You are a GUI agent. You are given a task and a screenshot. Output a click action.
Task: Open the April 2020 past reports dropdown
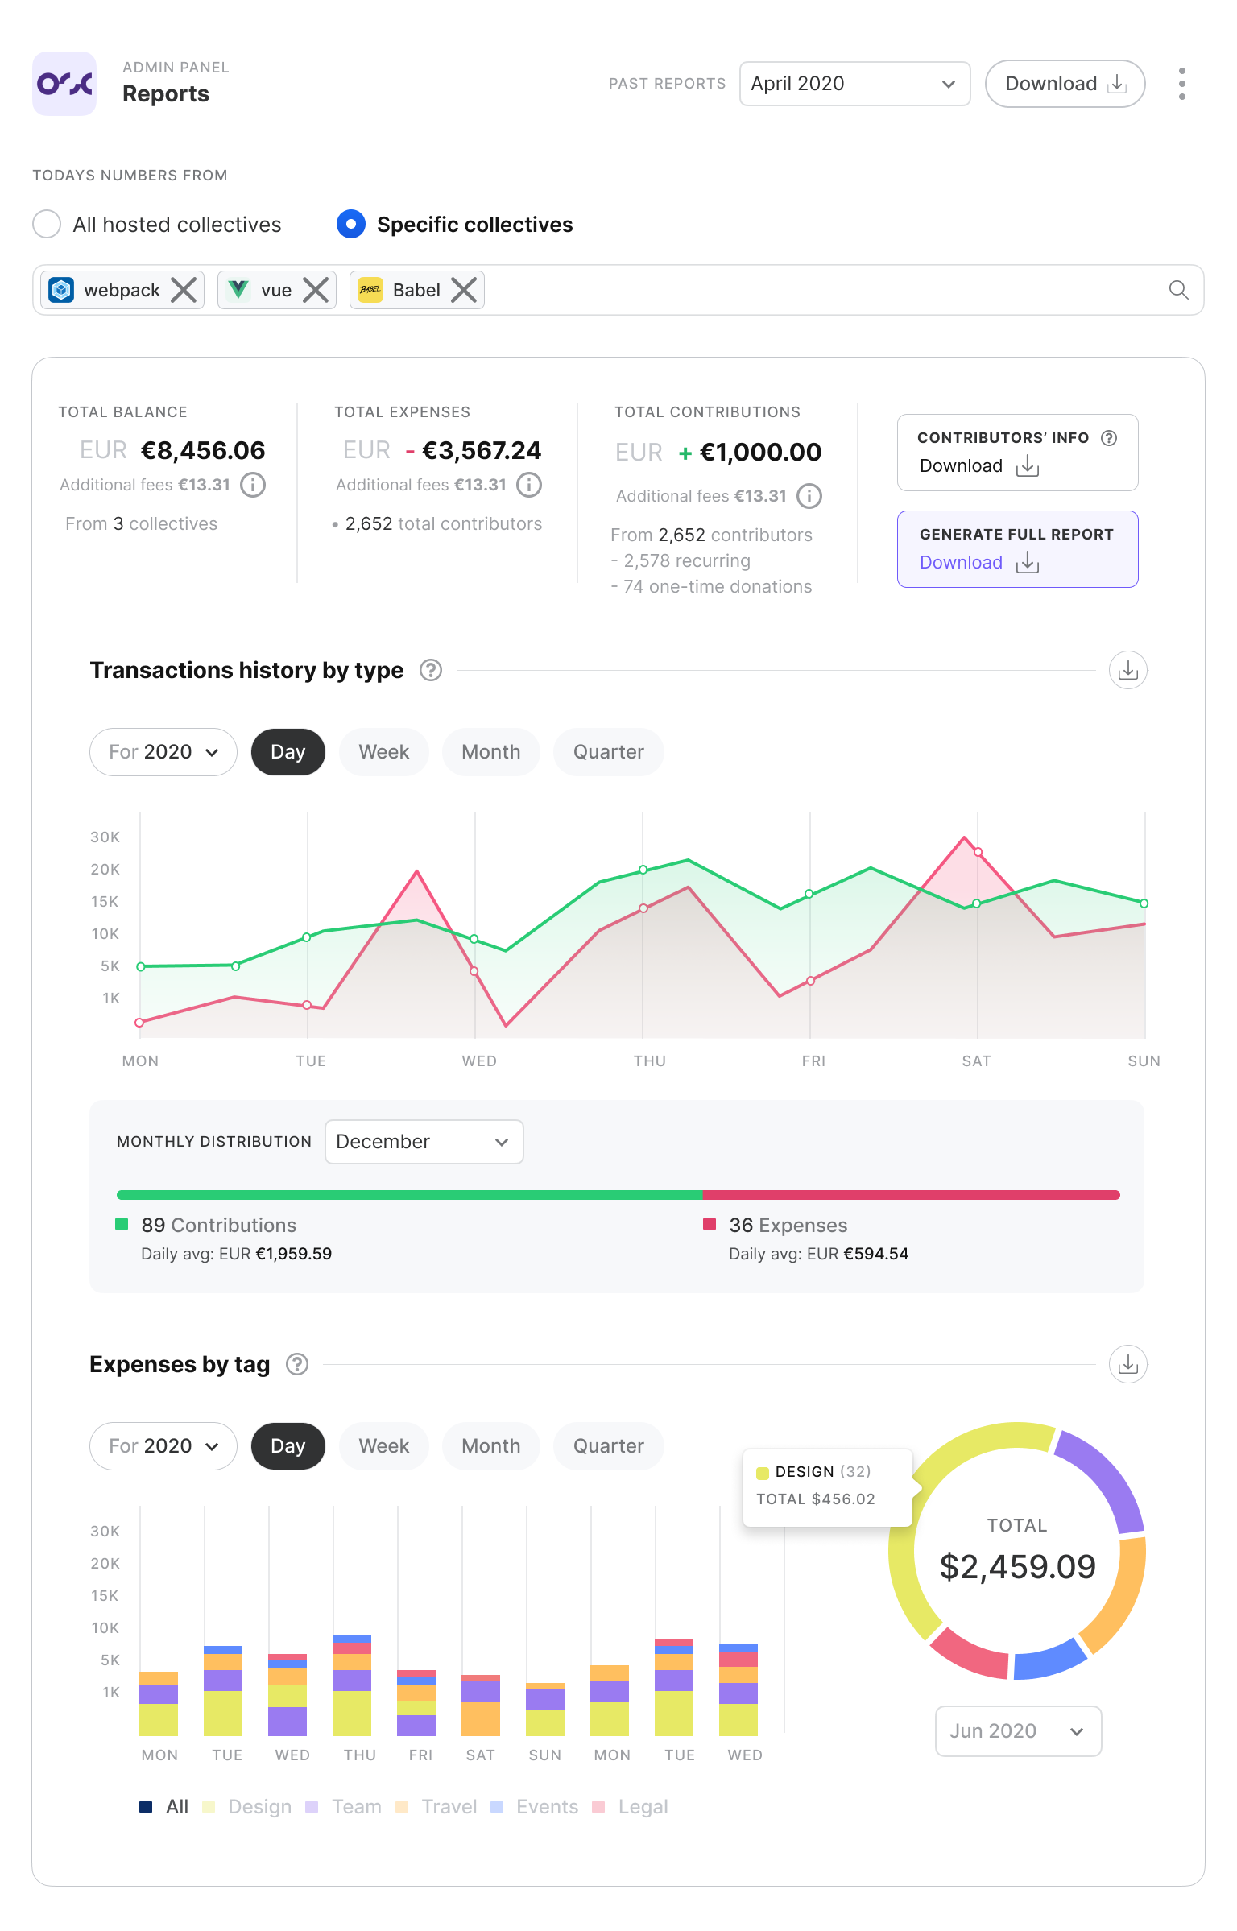854,84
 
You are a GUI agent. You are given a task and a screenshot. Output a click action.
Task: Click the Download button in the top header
1064,84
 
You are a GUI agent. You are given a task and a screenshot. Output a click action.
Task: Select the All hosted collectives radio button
47,224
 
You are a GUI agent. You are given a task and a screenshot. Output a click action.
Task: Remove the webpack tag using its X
184,290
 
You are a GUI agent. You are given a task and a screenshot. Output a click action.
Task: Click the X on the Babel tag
464,290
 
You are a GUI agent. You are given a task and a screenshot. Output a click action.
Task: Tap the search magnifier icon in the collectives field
1178,290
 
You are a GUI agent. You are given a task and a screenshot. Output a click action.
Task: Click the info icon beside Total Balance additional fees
253,485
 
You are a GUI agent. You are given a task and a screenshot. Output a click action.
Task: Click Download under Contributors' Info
978,466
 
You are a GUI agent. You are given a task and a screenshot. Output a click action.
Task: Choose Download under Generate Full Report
978,563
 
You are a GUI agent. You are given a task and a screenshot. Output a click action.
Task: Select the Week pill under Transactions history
383,752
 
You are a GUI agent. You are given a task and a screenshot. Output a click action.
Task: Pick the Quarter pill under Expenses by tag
608,1446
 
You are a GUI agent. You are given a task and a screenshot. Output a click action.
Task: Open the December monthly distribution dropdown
424,1142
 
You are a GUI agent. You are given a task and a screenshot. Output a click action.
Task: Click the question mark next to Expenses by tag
297,1364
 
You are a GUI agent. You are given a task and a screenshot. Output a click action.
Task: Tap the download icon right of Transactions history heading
1127,670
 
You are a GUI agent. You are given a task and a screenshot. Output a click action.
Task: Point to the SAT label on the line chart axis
976,1061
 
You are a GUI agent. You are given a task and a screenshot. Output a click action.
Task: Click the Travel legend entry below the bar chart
439,1807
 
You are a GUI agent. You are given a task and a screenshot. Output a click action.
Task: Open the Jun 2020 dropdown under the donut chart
1018,1731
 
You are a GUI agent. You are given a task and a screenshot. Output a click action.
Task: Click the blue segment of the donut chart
1049,1660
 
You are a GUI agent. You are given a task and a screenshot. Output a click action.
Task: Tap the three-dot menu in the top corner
1181,84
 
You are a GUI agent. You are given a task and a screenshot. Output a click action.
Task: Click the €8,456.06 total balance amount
203,451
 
